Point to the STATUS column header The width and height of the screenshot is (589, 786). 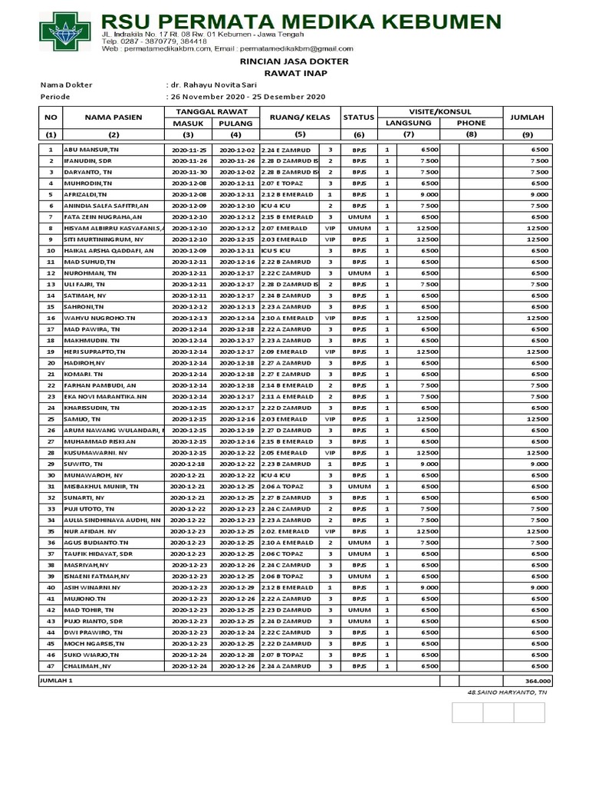pyautogui.click(x=358, y=117)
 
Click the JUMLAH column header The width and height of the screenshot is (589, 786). pyautogui.click(x=526, y=117)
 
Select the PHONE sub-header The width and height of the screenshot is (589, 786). pyautogui.click(x=471, y=123)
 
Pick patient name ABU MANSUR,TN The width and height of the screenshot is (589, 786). pyautogui.click(x=91, y=150)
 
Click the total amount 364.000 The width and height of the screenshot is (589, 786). pyautogui.click(x=536, y=681)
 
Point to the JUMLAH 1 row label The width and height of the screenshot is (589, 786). pyautogui.click(x=56, y=681)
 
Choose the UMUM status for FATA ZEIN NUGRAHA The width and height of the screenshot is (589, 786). pyautogui.click(x=358, y=217)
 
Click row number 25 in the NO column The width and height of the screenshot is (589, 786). pyautogui.click(x=51, y=419)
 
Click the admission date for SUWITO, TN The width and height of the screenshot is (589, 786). pyautogui.click(x=189, y=464)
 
